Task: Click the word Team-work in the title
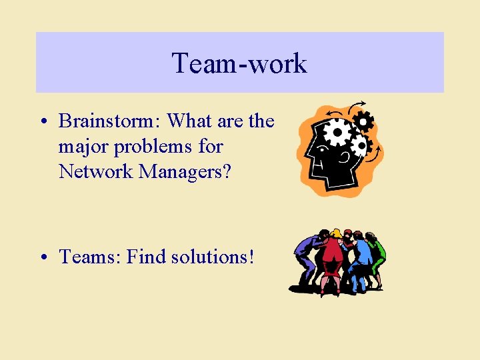pos(239,63)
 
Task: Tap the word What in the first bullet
pos(189,121)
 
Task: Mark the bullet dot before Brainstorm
pos(42,122)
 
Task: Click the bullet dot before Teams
pos(42,257)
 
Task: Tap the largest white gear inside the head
pos(337,133)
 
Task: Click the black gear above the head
pos(363,121)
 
